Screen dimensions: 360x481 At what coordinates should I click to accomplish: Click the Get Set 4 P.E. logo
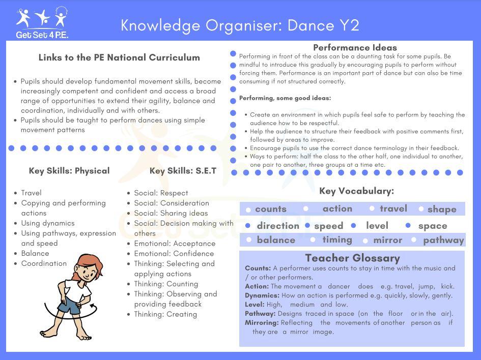coord(42,23)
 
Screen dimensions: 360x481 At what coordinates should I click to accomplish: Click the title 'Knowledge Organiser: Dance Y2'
coord(240,25)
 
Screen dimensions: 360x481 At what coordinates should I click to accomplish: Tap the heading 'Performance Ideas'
coord(355,48)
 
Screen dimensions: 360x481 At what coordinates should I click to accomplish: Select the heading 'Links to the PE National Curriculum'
coord(119,57)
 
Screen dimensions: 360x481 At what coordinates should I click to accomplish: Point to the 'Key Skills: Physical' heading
coord(69,171)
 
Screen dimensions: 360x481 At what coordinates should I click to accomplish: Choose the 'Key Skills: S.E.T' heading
coord(183,171)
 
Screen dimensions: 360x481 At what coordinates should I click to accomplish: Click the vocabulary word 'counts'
coord(270,209)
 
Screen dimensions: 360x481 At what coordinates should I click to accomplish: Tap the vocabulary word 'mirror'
coord(387,240)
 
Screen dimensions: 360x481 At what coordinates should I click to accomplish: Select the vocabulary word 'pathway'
coord(443,240)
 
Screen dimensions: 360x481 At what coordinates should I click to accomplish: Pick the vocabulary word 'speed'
coord(328,226)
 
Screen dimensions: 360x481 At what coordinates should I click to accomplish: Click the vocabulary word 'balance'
coord(275,240)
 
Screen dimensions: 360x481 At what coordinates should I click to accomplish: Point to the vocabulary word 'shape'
coord(441,209)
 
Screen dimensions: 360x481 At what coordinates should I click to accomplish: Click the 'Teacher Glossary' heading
coord(352,258)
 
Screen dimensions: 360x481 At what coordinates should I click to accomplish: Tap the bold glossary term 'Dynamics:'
coord(262,295)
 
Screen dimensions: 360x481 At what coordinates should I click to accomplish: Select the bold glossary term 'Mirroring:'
coord(262,323)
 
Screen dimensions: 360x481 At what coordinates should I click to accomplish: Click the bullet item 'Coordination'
coord(44,263)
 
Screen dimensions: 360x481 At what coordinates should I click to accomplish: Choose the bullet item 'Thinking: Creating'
coord(165,314)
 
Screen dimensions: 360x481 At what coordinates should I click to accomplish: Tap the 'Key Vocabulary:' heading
coord(356,191)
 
